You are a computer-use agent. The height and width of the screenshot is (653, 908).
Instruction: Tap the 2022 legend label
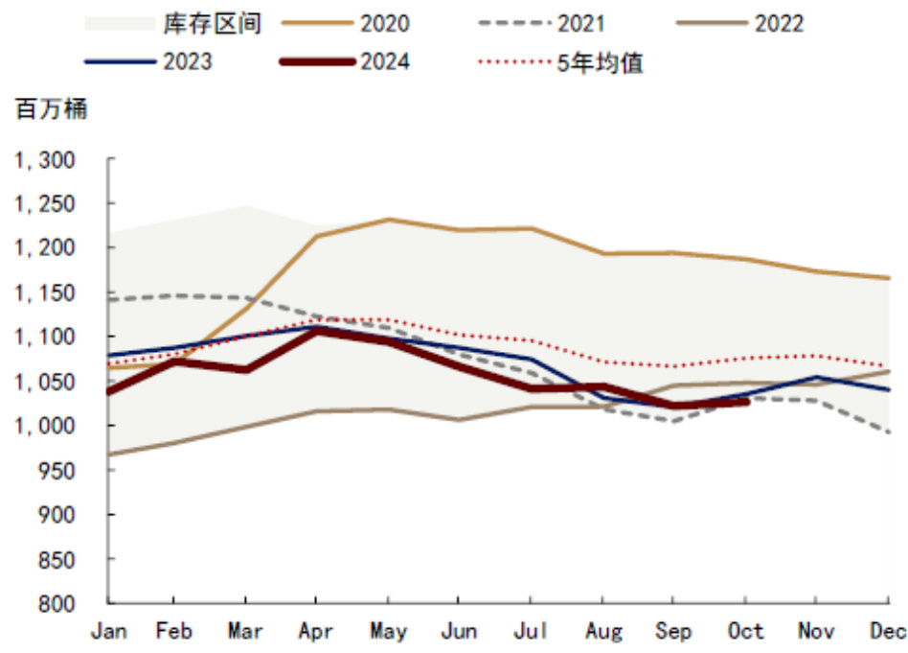pos(779,24)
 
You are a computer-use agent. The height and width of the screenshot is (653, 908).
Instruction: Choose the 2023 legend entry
pos(188,62)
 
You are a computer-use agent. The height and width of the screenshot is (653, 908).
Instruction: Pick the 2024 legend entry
pos(384,62)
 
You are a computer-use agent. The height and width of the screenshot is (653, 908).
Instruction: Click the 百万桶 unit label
pos(51,108)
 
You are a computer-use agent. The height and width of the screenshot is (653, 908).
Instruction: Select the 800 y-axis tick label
pos(57,603)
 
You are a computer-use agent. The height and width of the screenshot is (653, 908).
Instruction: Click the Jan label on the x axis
pos(108,631)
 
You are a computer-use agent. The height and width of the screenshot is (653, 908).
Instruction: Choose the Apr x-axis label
pos(317,631)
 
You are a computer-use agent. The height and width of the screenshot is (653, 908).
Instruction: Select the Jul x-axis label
pos(531,631)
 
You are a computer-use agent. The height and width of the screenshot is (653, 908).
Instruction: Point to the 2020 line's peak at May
pos(388,220)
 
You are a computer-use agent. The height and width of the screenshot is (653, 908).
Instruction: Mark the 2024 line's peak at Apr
pos(317,329)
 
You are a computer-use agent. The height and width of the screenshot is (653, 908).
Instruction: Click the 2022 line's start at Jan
pos(108,454)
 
